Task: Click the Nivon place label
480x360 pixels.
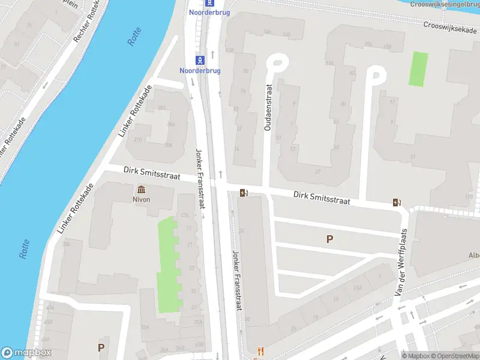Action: click(142, 199)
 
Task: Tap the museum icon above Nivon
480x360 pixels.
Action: click(142, 190)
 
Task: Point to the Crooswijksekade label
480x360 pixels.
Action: click(450, 26)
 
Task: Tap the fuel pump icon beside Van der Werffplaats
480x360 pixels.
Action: click(396, 202)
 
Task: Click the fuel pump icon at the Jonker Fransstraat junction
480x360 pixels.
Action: click(243, 193)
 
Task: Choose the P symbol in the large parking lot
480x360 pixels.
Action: click(329, 239)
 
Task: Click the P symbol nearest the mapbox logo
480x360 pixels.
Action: click(101, 347)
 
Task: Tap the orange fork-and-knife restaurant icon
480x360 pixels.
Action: click(260, 351)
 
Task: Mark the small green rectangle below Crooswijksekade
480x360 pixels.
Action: click(418, 68)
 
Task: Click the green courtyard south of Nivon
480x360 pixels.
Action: click(168, 264)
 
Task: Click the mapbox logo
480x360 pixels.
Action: click(26, 353)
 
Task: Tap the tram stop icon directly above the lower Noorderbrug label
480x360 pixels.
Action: click(200, 59)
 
